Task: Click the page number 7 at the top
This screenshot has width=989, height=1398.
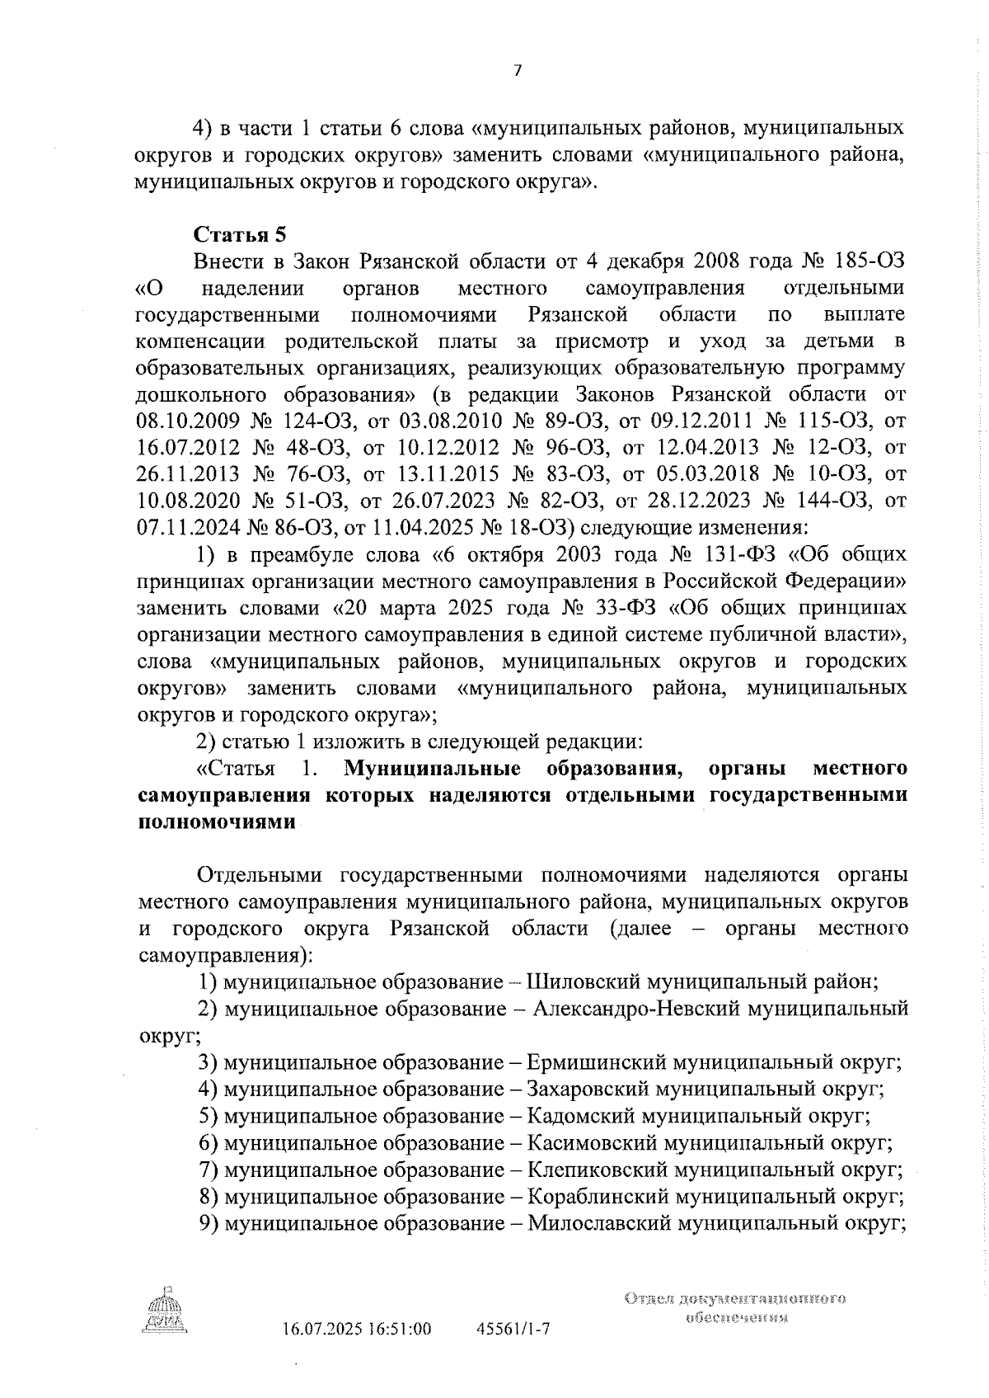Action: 517,71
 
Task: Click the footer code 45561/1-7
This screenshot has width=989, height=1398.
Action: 513,1329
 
